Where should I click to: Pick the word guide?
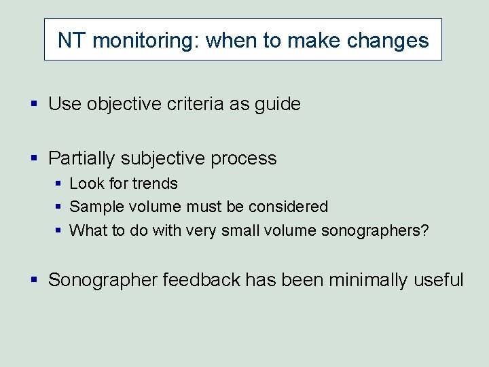276,104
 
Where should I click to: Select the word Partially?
81,158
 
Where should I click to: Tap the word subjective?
162,158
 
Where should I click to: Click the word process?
244,158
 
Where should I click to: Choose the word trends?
155,183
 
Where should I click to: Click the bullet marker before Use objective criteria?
35,104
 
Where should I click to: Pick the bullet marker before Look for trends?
59,184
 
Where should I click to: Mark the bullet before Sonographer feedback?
35,279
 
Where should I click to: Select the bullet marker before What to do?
59,230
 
